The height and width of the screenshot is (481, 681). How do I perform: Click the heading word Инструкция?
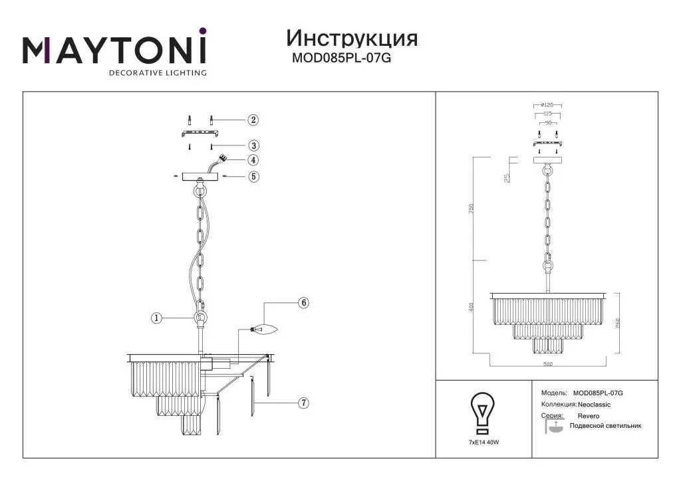pyautogui.click(x=352, y=39)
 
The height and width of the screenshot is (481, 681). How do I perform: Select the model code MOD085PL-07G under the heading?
pyautogui.click(x=341, y=58)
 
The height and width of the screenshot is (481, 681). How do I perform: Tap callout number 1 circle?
pyautogui.click(x=156, y=318)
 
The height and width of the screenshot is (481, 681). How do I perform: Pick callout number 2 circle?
pyautogui.click(x=253, y=120)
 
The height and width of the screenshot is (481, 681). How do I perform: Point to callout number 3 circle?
pyautogui.click(x=253, y=145)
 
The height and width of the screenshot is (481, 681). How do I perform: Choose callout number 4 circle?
pyautogui.click(x=253, y=160)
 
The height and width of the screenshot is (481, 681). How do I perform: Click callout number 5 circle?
pyautogui.click(x=253, y=177)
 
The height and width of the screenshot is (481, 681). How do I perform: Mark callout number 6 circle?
pyautogui.click(x=303, y=303)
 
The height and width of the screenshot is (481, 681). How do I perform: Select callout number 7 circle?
pyautogui.click(x=303, y=403)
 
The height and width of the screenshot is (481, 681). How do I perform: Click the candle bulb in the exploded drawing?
pyautogui.click(x=264, y=328)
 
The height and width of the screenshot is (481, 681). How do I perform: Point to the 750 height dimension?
pyautogui.click(x=472, y=209)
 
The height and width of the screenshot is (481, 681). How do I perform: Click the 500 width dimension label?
pyautogui.click(x=548, y=364)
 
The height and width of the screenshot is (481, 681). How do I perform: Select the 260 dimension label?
pyautogui.click(x=618, y=324)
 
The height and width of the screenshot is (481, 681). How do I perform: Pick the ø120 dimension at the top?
pyautogui.click(x=547, y=105)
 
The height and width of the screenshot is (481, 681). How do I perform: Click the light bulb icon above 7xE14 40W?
pyautogui.click(x=483, y=413)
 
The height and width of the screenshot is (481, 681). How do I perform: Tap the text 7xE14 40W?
pyautogui.click(x=484, y=442)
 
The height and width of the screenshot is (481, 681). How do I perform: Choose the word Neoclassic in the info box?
pyautogui.click(x=594, y=405)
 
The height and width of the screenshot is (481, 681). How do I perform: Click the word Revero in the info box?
pyautogui.click(x=589, y=416)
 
